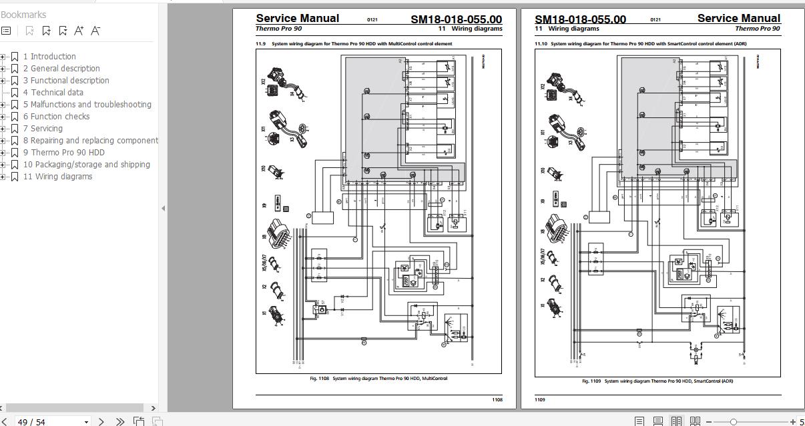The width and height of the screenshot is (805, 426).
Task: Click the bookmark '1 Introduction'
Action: (x=49, y=57)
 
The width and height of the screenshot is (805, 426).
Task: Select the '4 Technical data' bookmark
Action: (x=53, y=93)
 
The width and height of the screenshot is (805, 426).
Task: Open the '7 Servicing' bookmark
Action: (x=43, y=129)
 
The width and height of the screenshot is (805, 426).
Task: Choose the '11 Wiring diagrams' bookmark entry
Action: (x=57, y=177)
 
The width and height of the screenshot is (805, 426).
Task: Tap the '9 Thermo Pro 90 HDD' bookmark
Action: (x=63, y=153)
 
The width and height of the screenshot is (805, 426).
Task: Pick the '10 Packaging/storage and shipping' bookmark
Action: (x=86, y=165)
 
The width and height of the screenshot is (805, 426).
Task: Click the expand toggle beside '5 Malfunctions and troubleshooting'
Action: (x=3, y=105)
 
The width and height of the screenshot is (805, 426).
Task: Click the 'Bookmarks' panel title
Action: (x=24, y=15)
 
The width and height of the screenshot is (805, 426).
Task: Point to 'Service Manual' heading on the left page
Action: (x=297, y=18)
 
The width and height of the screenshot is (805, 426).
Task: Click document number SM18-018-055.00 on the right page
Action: (x=580, y=19)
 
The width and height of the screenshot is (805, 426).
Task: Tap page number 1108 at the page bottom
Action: (x=497, y=400)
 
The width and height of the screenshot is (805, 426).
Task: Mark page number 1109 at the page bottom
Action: (x=540, y=400)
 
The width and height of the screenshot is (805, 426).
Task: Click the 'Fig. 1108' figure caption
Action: (x=378, y=379)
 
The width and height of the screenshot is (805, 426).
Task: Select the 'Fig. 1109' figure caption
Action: (x=657, y=381)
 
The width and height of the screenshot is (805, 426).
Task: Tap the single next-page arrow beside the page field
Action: (x=101, y=421)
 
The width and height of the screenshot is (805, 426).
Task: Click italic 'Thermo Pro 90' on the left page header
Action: (x=279, y=29)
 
